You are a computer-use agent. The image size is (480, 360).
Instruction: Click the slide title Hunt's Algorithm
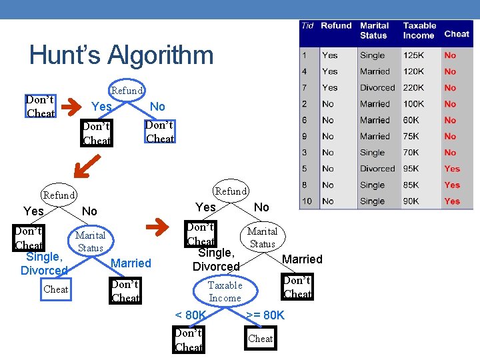coord(121,55)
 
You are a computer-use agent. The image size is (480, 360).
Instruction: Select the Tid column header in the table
coord(307,26)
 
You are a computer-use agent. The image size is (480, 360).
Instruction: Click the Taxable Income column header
coord(419,31)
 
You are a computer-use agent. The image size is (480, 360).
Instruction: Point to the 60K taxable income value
coord(411,120)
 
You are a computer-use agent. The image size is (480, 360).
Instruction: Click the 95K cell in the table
coord(411,169)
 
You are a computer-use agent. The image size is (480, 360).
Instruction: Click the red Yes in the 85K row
coord(452,185)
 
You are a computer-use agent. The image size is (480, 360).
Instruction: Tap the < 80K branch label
coord(190,315)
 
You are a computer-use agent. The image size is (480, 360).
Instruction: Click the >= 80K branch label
coord(265,315)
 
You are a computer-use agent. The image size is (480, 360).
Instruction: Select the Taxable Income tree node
coord(225,291)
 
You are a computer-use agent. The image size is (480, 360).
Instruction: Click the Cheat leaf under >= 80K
coord(261,339)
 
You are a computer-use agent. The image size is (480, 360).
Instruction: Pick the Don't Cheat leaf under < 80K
coord(188,339)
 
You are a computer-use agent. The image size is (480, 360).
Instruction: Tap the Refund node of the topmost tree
coord(127,90)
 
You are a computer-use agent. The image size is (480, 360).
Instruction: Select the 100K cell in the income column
coord(413,104)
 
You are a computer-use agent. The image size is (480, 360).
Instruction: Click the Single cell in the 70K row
coord(372,153)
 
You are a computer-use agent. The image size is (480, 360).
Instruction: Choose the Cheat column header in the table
coord(457,34)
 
